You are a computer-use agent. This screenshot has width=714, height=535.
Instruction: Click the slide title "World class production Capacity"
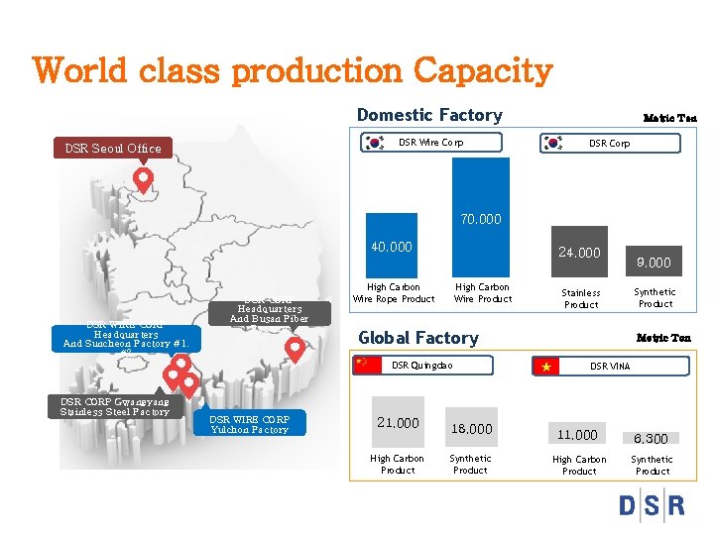292,71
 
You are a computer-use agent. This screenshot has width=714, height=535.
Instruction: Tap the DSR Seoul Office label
113,149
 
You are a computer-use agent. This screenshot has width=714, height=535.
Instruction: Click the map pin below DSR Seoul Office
144,179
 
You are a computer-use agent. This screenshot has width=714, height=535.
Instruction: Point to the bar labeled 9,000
654,263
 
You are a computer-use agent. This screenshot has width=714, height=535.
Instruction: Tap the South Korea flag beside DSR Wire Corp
375,143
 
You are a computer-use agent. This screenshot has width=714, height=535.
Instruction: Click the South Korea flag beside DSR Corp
553,143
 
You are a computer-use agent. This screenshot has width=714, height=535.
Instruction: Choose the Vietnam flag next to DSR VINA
545,367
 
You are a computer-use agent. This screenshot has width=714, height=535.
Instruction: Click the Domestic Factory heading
428,115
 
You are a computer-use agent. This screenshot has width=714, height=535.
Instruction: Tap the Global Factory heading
417,338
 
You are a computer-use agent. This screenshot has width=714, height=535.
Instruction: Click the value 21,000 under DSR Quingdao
398,423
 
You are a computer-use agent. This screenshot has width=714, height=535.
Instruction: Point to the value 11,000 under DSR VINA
577,435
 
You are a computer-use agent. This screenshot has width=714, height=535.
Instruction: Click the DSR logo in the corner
651,505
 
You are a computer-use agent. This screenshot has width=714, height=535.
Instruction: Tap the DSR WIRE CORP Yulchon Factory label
250,424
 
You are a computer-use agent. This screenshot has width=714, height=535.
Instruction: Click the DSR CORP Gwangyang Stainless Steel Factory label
115,406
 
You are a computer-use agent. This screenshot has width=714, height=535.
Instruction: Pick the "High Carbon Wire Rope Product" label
394,293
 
